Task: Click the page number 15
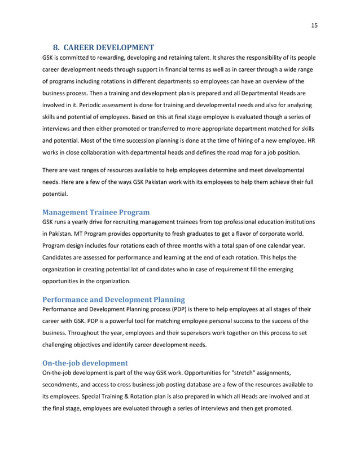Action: point(314,25)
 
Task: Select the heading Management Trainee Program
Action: point(96,212)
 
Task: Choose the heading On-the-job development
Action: point(85,362)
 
